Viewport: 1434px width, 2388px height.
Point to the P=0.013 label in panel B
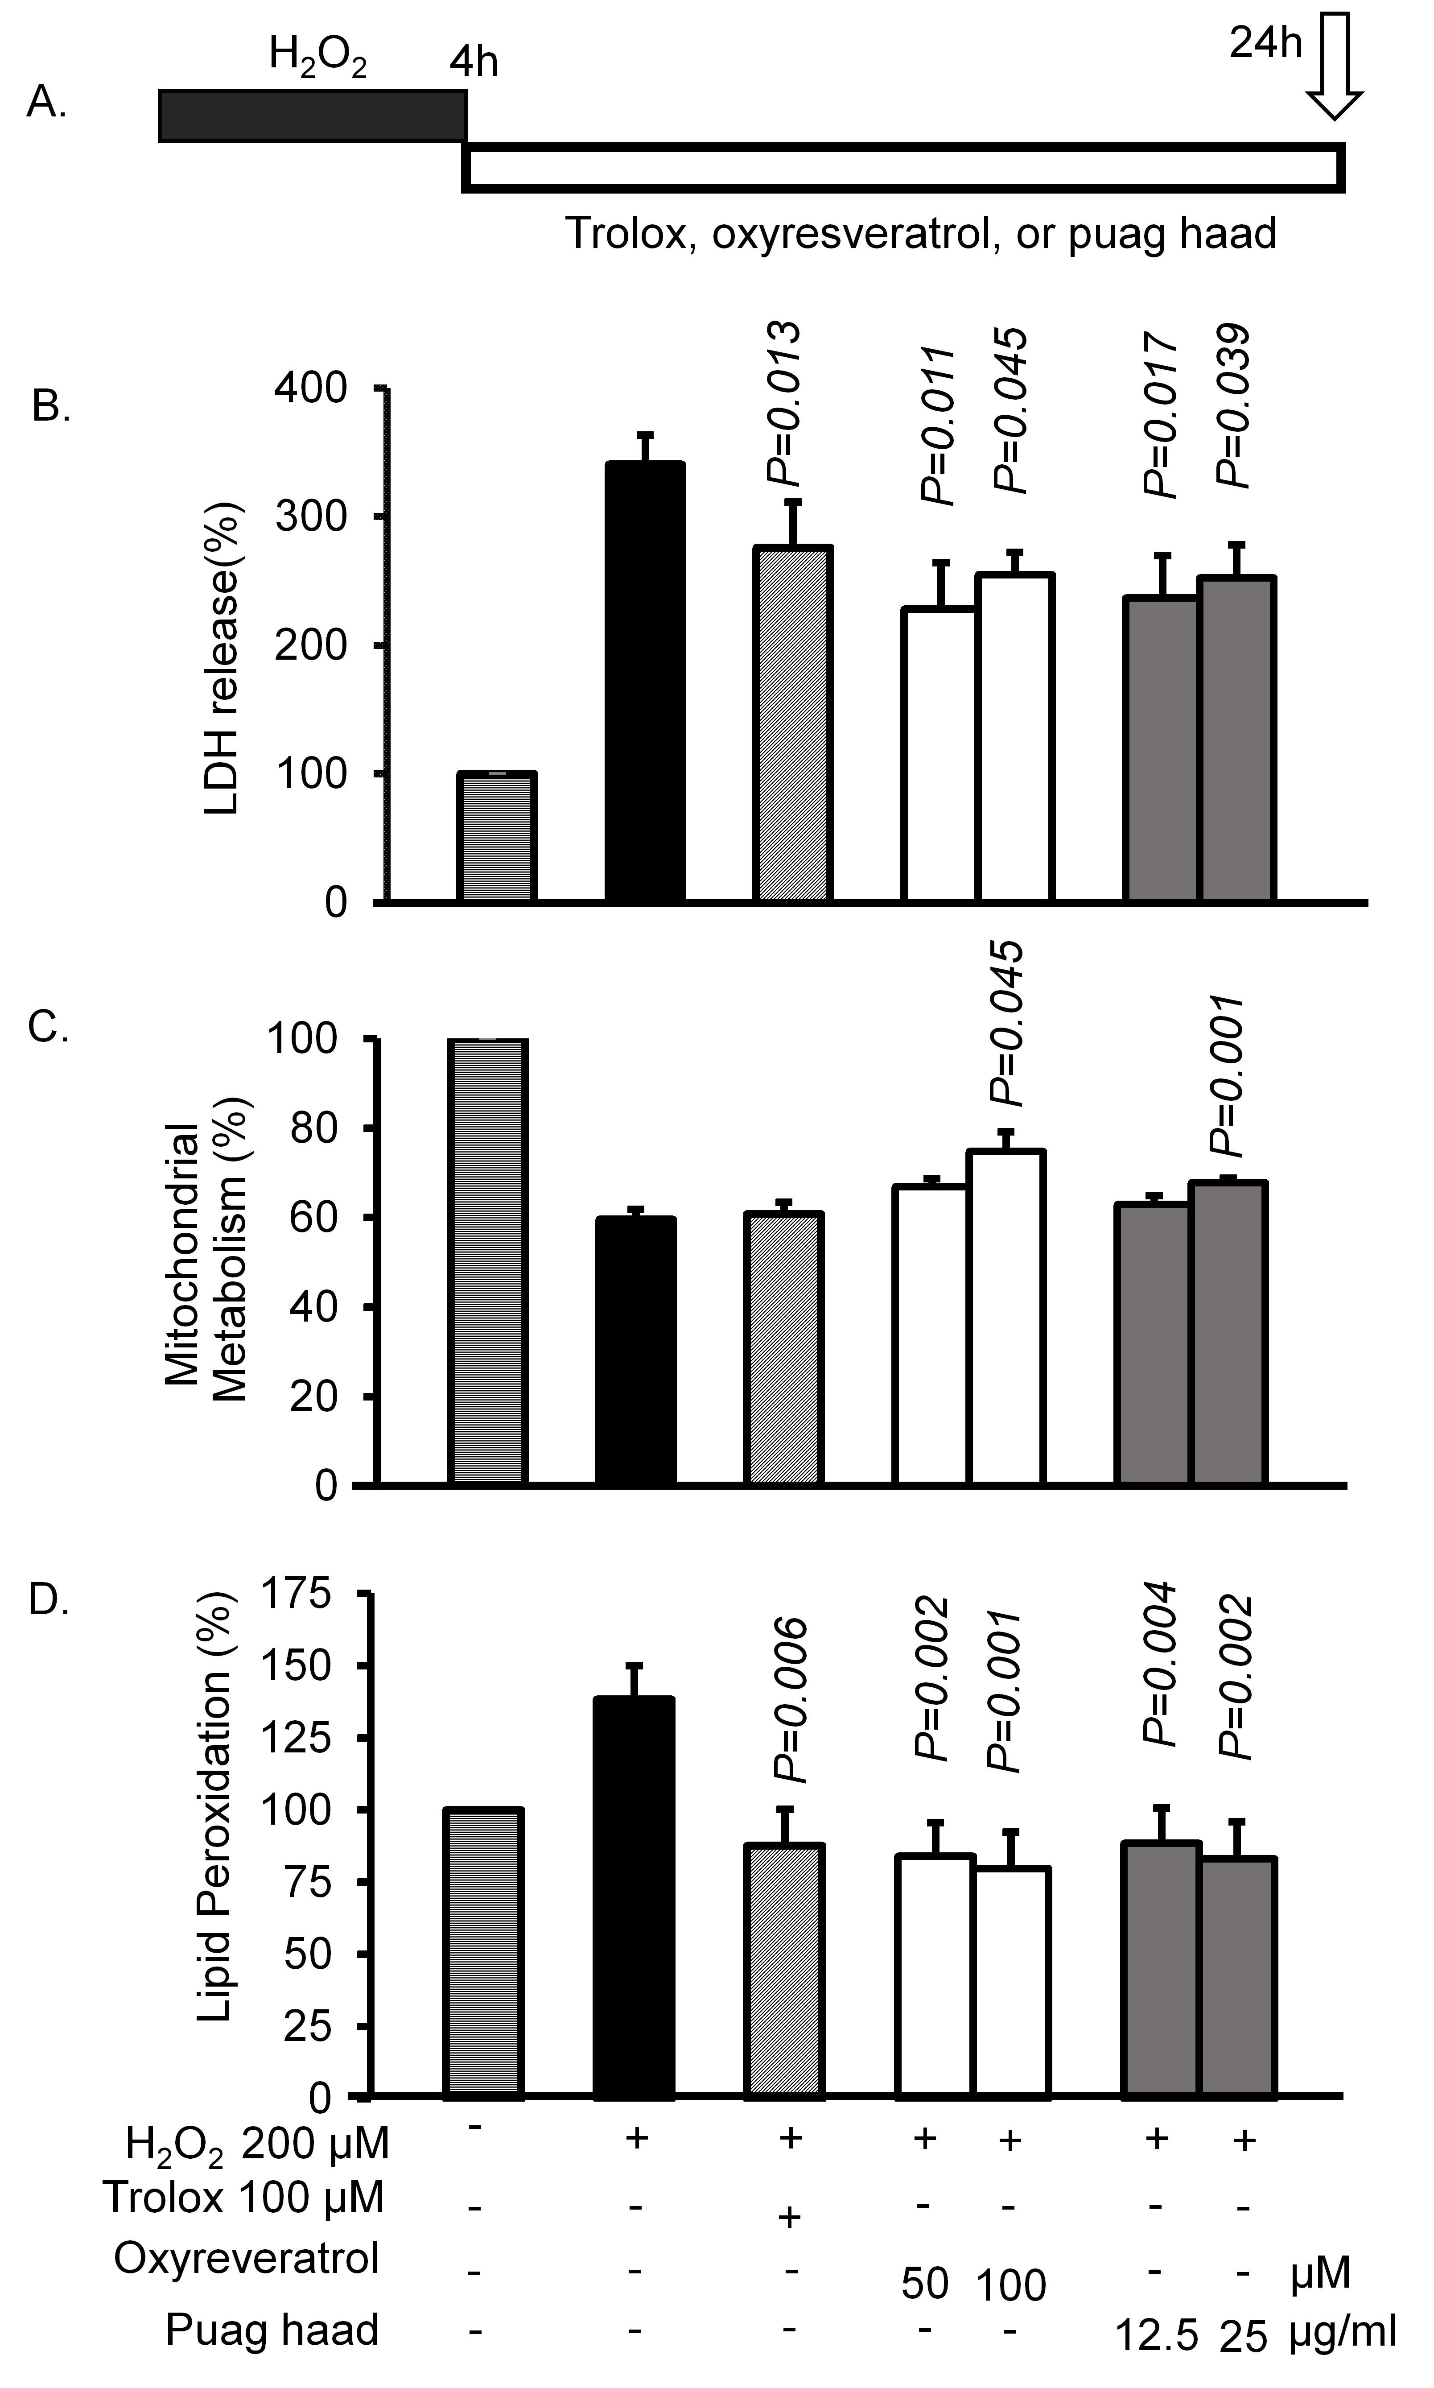coord(783,406)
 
